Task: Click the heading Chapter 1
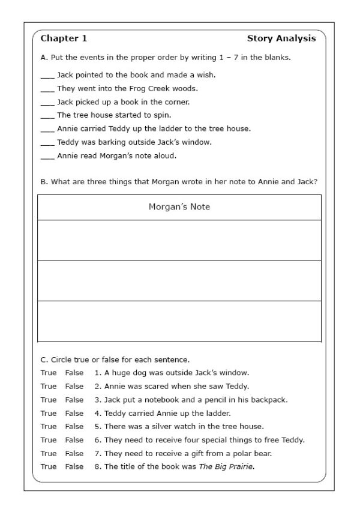coord(64,38)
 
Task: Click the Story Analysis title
coord(281,38)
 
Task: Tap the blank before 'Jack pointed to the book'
coord(47,76)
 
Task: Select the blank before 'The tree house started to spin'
coord(47,115)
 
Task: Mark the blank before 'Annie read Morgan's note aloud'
coord(47,155)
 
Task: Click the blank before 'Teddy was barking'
coord(47,142)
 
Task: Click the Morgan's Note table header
coord(179,207)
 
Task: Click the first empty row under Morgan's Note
coord(179,240)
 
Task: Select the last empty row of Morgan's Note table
coord(179,321)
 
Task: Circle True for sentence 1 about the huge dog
coord(49,373)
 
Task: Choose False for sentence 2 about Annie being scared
coord(74,386)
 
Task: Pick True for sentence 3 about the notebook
coord(49,400)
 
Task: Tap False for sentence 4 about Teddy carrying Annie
coord(74,413)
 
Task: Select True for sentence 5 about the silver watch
coord(49,426)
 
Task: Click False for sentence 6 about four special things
coord(74,440)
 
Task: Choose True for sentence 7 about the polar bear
coord(49,453)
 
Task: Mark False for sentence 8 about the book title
coord(74,466)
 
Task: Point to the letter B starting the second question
coord(43,181)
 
